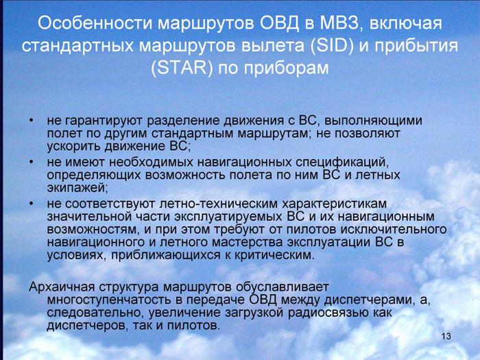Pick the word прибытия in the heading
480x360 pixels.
(x=416, y=46)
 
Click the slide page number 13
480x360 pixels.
(x=446, y=336)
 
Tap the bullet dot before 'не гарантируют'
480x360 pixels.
(x=31, y=121)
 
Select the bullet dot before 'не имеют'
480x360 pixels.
(x=31, y=162)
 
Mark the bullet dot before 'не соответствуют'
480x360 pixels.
(x=31, y=204)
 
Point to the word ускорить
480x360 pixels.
(x=74, y=146)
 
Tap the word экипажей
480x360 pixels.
(x=77, y=188)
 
